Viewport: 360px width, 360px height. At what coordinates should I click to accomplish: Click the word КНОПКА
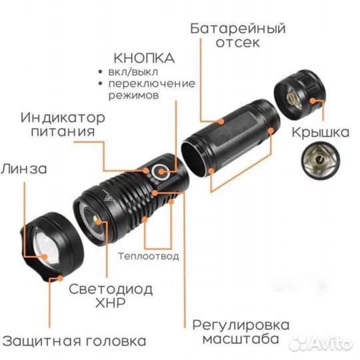click(144, 57)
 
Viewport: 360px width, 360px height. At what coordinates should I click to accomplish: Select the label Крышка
click(320, 132)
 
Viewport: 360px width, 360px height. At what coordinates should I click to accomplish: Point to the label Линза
click(23, 168)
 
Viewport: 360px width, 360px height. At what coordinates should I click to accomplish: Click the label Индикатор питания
click(63, 125)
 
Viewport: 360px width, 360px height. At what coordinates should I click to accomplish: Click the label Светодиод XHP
click(111, 297)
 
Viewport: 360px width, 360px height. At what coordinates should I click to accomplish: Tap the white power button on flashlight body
click(160, 174)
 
